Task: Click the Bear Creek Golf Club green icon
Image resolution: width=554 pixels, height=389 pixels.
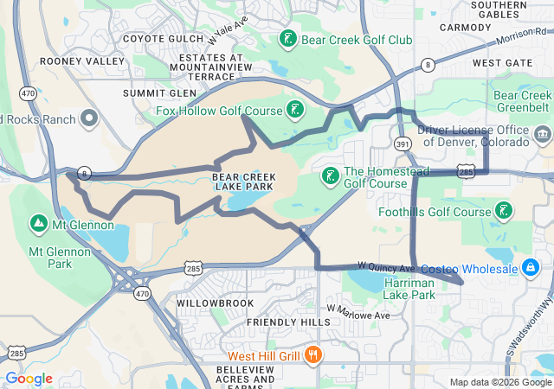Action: (287, 40)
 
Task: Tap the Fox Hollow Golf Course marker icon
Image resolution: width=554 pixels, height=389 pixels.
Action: (297, 111)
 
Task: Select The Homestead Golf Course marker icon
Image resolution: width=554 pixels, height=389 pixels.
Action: (330, 176)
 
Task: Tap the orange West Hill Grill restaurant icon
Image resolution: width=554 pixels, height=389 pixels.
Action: (313, 355)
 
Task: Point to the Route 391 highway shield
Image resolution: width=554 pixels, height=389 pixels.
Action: (403, 143)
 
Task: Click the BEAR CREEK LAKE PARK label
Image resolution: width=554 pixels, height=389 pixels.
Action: (243, 182)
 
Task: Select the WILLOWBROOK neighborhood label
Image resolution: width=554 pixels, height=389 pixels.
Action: (215, 303)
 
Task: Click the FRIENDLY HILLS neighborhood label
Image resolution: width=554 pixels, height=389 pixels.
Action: (288, 322)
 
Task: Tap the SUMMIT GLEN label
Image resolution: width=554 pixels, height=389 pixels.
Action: (159, 92)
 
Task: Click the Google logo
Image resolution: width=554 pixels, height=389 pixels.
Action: (29, 379)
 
